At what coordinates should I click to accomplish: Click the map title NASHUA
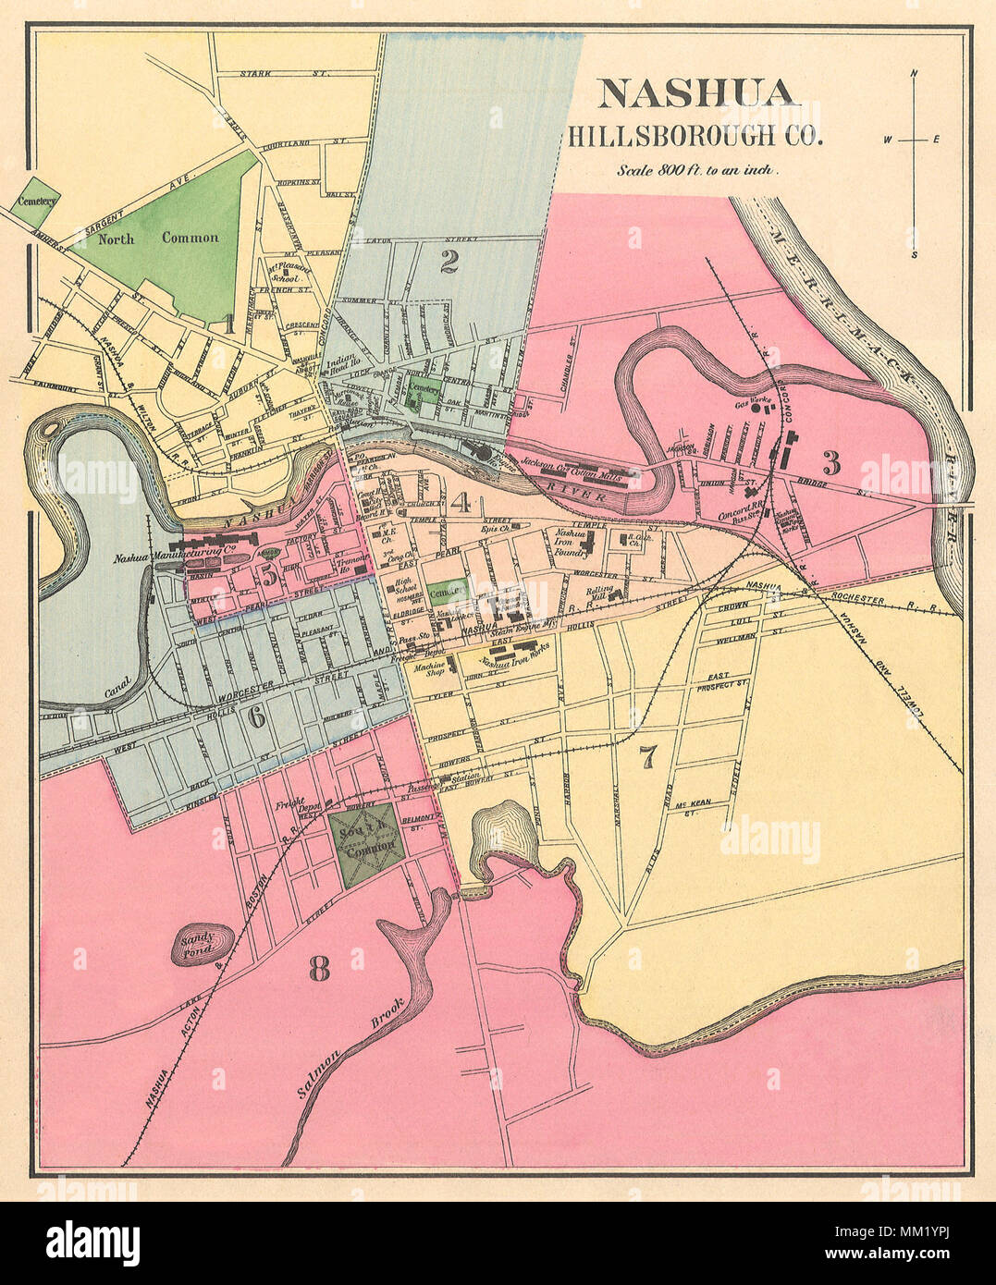pyautogui.click(x=695, y=93)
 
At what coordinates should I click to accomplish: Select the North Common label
pyautogui.click(x=159, y=238)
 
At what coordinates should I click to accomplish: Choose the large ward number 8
pyautogui.click(x=319, y=968)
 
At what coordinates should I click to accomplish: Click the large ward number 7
pyautogui.click(x=647, y=757)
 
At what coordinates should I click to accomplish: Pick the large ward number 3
pyautogui.click(x=831, y=461)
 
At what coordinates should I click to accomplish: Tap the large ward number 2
pyautogui.click(x=449, y=263)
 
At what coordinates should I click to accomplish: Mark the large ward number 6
pyautogui.click(x=256, y=716)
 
